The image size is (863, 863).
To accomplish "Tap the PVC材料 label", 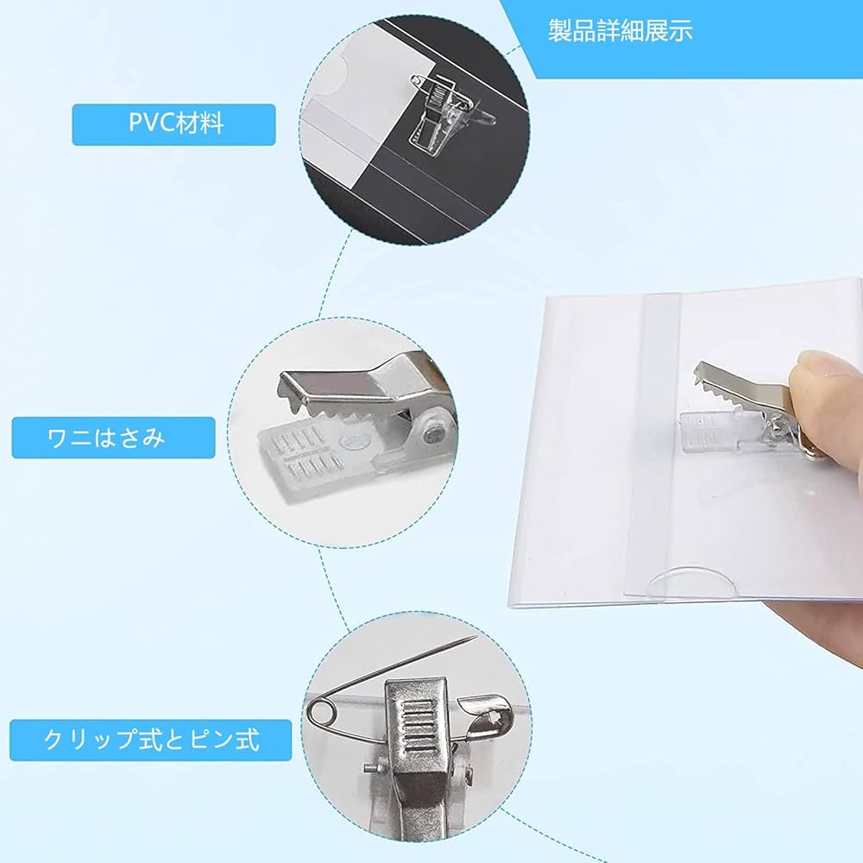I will click(x=173, y=123).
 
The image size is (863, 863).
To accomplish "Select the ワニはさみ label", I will click(x=113, y=437).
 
